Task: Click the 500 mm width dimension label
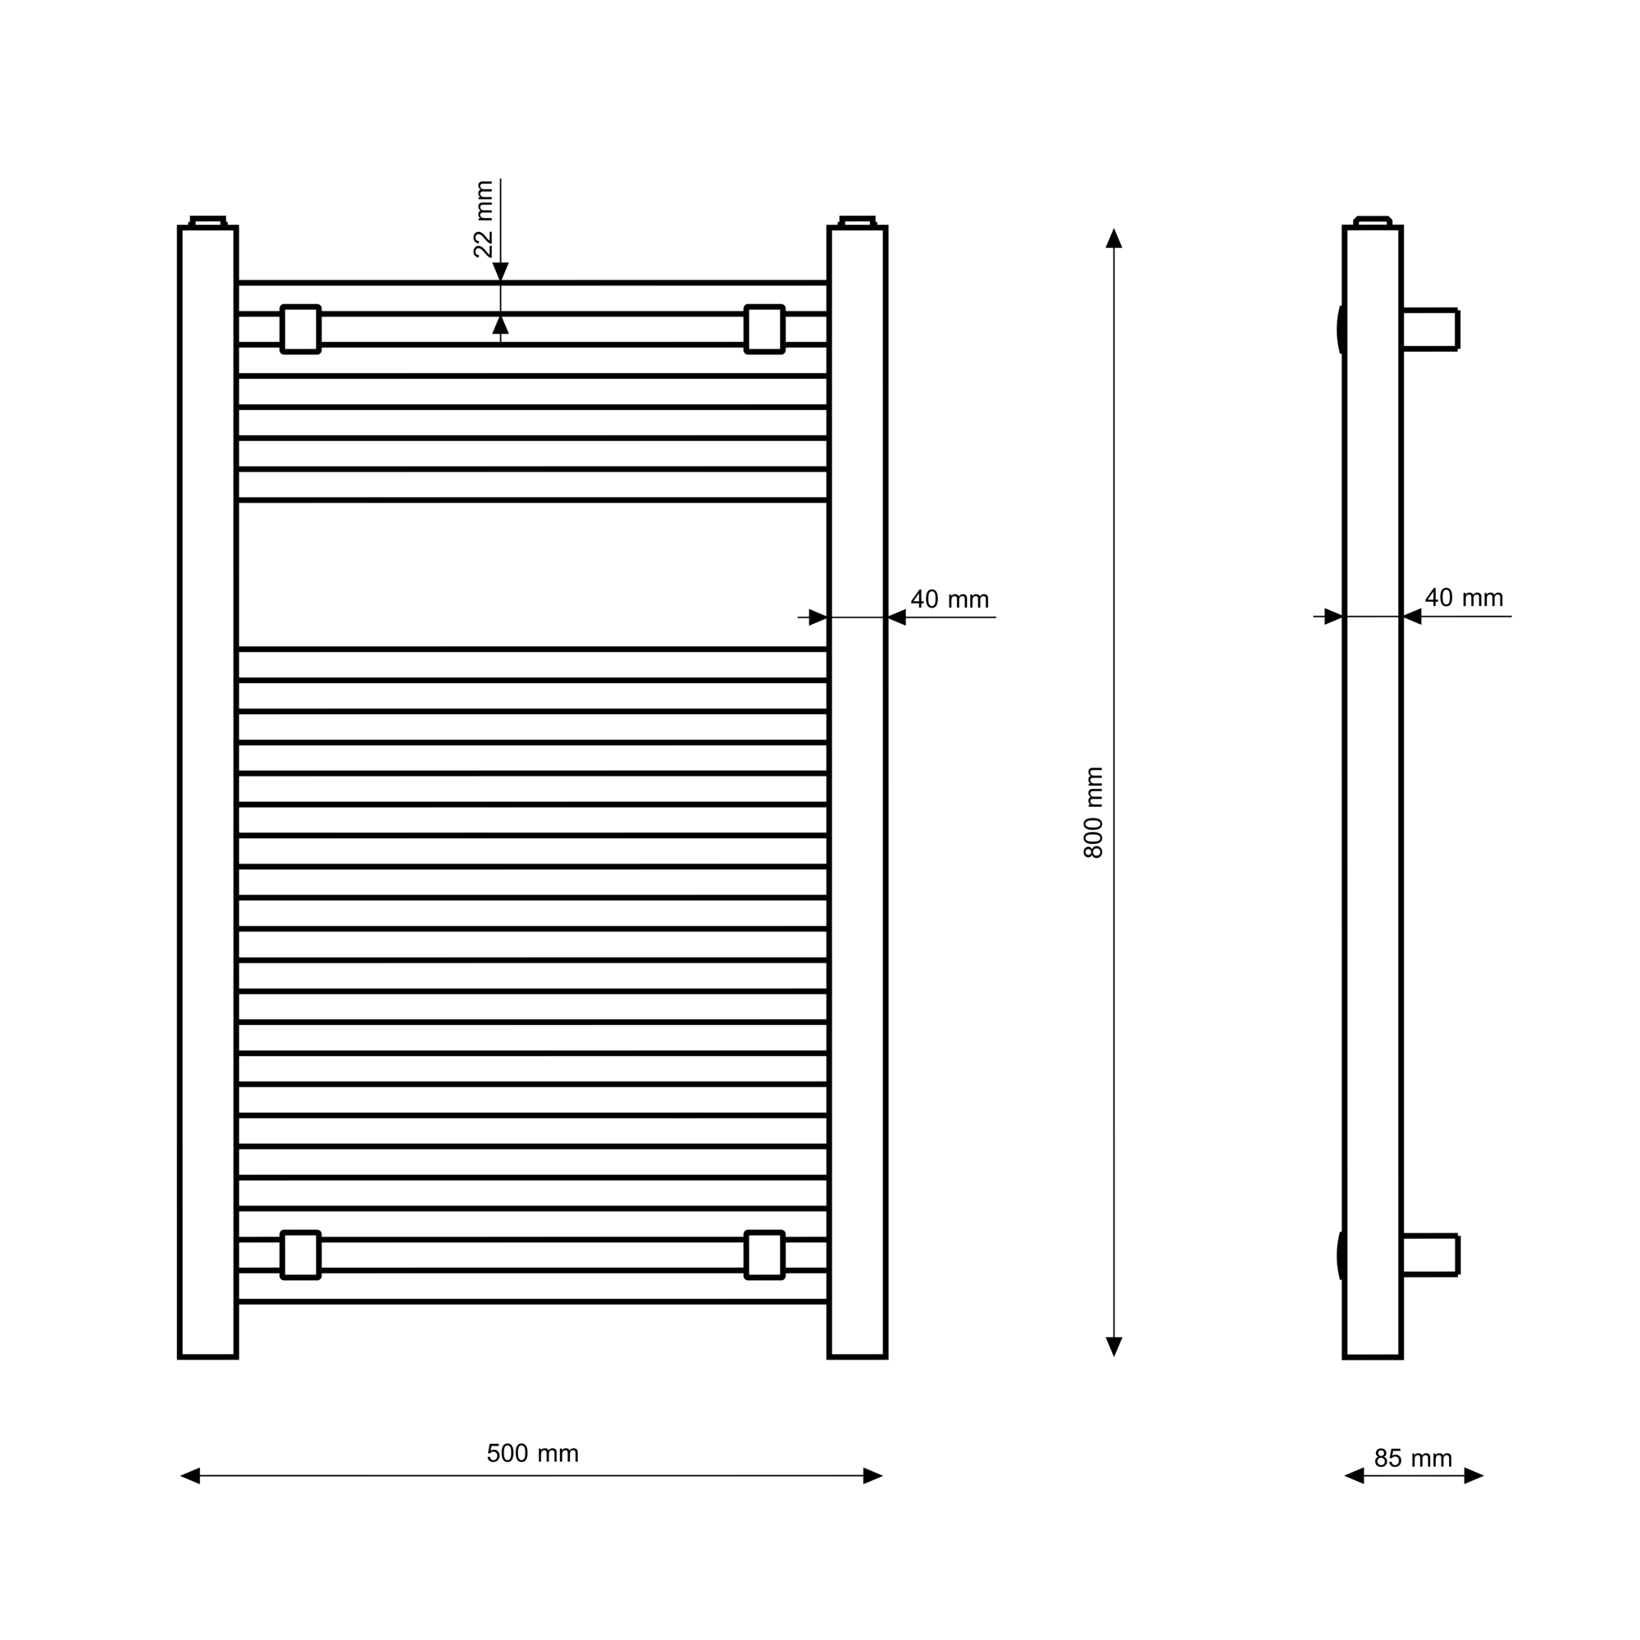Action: point(532,1453)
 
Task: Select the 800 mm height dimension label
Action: point(1093,813)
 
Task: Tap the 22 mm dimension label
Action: point(483,219)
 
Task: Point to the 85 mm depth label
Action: point(1413,1458)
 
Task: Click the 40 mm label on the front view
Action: point(950,599)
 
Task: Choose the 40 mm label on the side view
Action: point(1464,598)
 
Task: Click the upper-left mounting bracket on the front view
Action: point(300,330)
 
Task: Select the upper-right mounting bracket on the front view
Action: point(764,330)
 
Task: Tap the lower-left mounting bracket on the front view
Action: point(300,1255)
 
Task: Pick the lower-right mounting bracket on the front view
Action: point(764,1255)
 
